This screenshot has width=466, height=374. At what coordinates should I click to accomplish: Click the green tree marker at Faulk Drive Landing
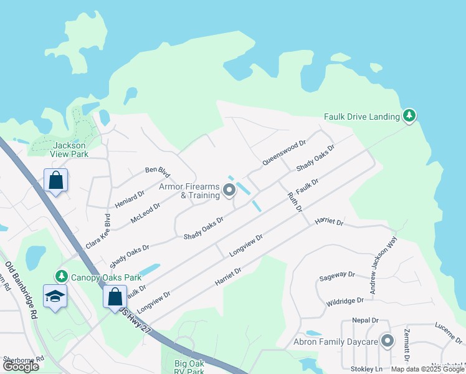pos(409,115)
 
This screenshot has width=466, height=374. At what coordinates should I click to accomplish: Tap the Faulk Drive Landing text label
pos(362,117)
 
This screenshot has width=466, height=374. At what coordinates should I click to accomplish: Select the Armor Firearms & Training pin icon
pos(229,190)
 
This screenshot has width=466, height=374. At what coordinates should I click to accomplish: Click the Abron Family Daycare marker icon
pos(388,340)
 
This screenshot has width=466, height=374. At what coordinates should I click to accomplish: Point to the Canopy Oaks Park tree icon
pos(61,276)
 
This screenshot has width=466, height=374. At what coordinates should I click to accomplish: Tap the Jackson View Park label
pos(69,150)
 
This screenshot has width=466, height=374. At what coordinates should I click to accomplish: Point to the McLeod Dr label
pos(146,213)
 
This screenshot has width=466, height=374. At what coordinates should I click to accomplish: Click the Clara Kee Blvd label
pos(98,233)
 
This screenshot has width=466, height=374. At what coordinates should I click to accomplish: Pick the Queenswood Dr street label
pos(284,152)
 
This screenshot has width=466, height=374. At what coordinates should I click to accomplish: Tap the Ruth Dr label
pos(294,201)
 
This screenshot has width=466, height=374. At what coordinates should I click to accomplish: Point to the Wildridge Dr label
pos(345,301)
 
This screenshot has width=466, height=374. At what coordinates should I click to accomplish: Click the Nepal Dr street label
pos(365,320)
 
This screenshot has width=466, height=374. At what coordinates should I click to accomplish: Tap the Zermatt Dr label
pos(407,345)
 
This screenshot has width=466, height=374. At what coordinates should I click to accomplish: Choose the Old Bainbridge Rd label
pos(22,290)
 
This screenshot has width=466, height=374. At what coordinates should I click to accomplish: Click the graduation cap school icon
pos(55,297)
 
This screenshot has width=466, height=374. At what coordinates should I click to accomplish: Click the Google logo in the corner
pos(21,366)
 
